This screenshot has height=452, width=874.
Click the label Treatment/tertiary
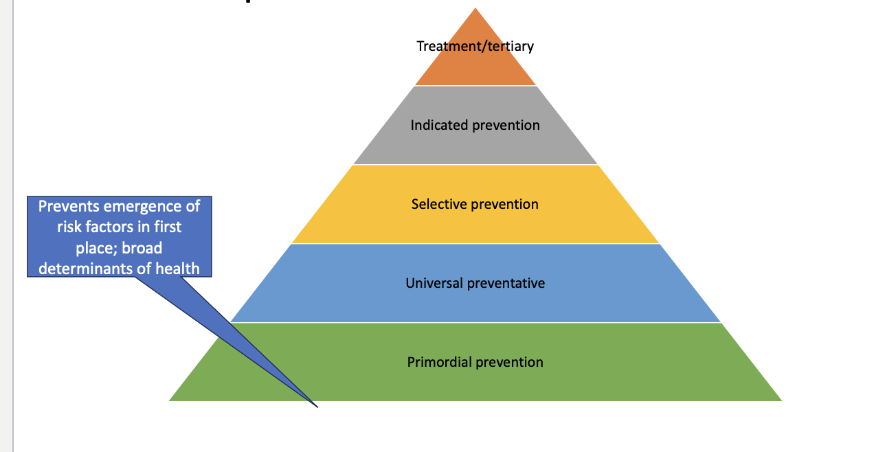click(475, 46)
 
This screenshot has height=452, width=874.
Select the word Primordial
click(438, 362)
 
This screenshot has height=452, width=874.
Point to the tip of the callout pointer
click(317, 407)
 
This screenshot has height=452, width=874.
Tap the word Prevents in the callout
click(68, 206)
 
